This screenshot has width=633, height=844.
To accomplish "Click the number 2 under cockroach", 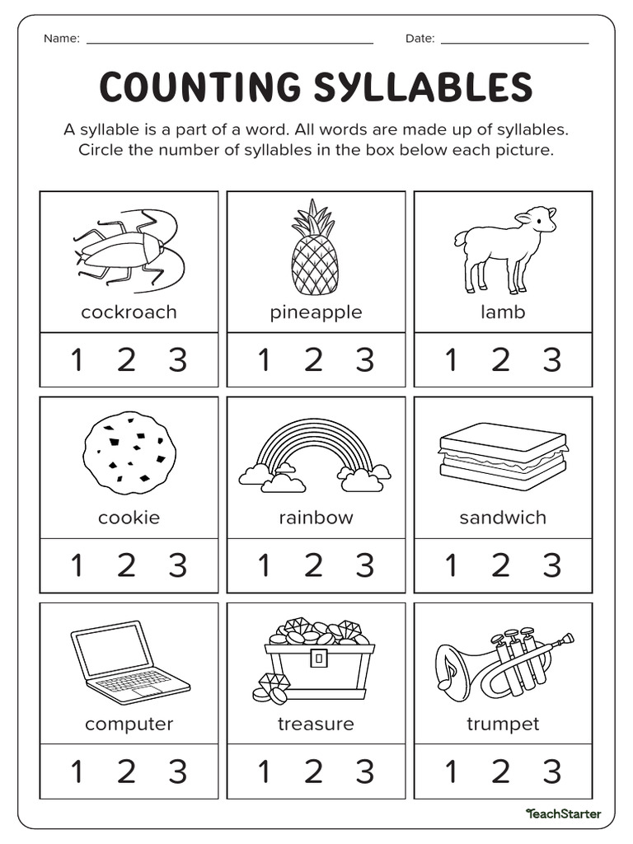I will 126,360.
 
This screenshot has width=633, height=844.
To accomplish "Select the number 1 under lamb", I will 451,360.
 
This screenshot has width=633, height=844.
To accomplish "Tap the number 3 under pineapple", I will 364,360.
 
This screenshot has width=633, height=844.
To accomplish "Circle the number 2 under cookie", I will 126,565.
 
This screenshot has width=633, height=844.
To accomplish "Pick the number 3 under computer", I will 178,771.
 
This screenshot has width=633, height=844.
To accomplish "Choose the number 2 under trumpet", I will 501,771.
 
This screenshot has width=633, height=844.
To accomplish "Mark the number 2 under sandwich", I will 501,565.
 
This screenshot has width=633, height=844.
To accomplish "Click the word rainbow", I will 316,518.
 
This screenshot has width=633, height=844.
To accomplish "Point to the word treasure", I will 316,724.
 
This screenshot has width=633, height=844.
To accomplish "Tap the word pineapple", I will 316,312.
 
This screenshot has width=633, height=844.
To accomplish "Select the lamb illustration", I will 504,247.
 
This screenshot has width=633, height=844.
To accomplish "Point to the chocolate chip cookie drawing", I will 129,453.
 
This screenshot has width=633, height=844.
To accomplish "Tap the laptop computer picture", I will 128,663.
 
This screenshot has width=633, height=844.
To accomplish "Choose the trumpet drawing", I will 503,663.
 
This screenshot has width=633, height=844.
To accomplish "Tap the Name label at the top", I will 61,39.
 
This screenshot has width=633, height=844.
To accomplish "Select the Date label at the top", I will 420,39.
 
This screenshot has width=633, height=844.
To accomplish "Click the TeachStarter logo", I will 564,814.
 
